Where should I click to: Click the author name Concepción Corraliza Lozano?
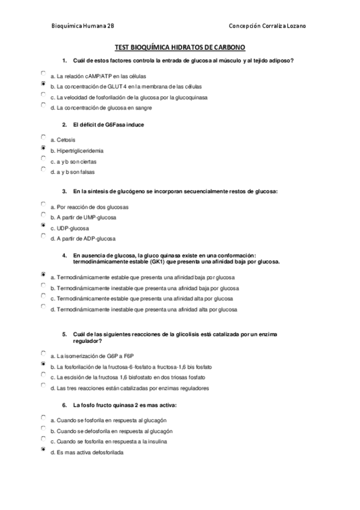point(268,26)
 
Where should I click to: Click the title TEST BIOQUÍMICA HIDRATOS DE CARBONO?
point(180,47)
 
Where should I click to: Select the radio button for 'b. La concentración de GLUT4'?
point(43,84)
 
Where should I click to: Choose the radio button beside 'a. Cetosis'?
point(43,137)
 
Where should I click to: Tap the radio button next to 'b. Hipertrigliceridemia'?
point(43,148)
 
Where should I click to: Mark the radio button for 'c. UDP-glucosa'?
point(43,226)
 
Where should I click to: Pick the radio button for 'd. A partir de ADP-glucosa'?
point(43,236)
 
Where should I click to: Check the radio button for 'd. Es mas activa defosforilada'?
point(43,449)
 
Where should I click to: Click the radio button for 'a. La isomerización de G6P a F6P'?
point(43,354)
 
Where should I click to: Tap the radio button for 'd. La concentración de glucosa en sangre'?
point(43,105)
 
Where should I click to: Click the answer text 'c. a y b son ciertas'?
point(73,161)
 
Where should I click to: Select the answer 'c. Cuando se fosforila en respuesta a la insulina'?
point(108,441)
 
